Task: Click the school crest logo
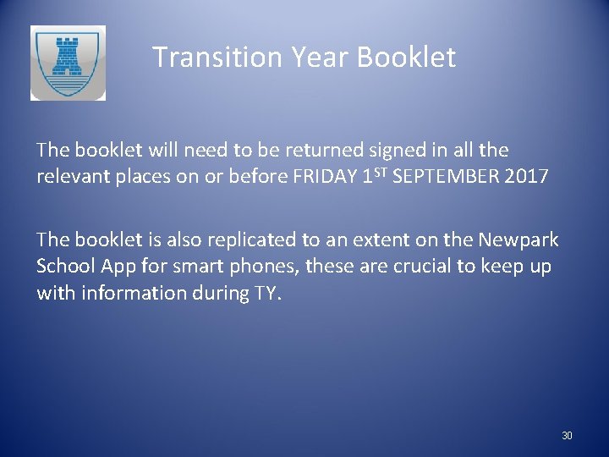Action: coord(68,63)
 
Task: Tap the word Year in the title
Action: coord(320,58)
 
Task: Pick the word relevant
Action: coord(71,176)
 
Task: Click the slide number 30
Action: coord(567,436)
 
